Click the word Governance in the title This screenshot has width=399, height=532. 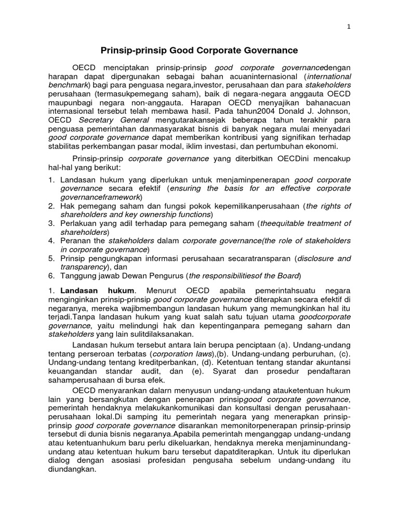coord(273,50)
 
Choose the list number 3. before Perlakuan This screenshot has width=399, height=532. coord(51,223)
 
